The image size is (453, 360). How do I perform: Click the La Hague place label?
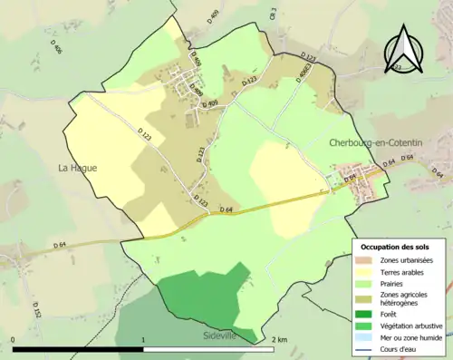(x=77, y=168)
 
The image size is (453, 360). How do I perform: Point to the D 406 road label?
(x=57, y=49)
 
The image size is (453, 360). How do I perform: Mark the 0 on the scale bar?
(x=13, y=339)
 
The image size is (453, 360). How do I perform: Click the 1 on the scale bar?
(x=143, y=339)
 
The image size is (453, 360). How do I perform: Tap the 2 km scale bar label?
(x=278, y=339)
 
